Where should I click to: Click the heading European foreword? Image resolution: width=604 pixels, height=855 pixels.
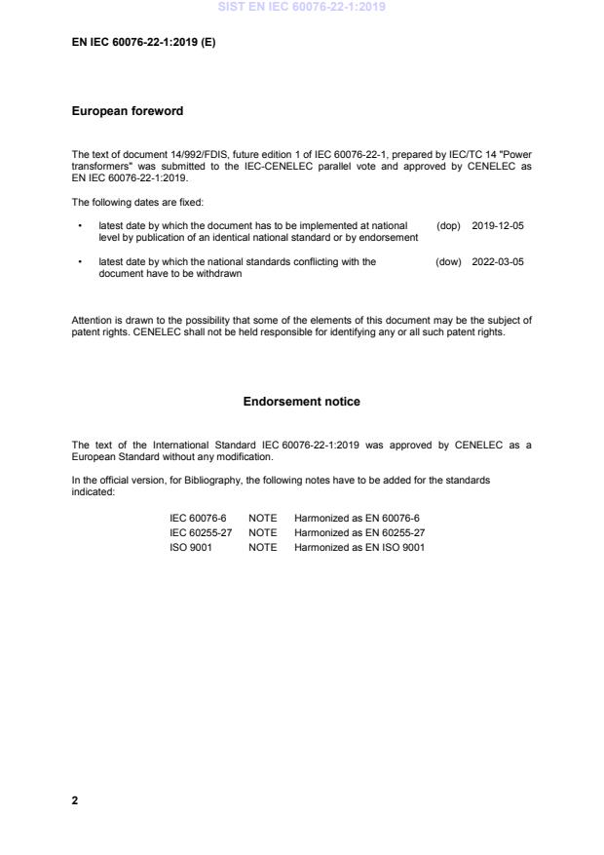point(128,111)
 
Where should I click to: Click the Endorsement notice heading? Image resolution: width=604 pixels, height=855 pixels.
point(301,402)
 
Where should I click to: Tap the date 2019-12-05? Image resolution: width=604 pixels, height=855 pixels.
point(497,225)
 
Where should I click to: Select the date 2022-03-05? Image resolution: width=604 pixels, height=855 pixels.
point(497,261)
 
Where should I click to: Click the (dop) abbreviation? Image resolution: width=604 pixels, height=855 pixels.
point(448,225)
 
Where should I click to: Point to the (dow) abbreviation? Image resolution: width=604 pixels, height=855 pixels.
point(448,261)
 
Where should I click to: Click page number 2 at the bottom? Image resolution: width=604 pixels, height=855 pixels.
point(75,800)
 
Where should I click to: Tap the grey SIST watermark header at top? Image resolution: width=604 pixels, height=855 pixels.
point(301,7)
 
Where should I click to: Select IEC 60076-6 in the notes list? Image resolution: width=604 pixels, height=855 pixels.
point(198,518)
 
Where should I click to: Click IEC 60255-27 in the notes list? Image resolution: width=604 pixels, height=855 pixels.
point(201,532)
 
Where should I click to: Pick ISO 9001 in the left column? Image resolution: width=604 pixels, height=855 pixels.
point(191,547)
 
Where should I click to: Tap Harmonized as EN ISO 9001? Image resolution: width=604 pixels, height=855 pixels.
point(359,547)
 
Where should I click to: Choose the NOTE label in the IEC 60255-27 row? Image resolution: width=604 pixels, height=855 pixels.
point(262,532)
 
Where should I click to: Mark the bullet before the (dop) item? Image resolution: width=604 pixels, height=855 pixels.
point(79,226)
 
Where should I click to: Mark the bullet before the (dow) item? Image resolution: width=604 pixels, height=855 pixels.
point(79,262)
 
